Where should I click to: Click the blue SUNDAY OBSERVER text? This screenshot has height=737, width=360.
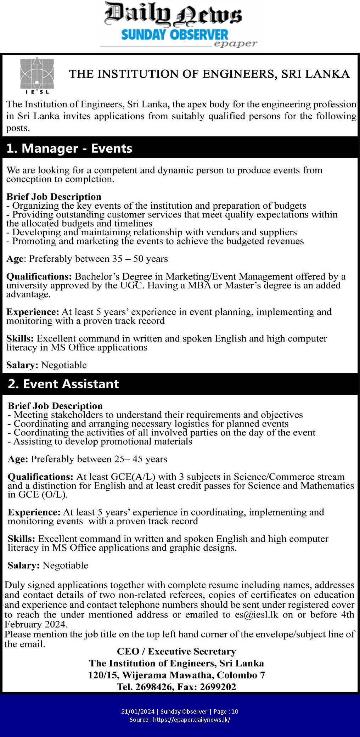point(175,35)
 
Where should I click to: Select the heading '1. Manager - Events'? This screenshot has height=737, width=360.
point(69,148)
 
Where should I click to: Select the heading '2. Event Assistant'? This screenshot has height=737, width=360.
point(63,384)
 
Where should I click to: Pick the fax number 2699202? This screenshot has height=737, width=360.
point(218,687)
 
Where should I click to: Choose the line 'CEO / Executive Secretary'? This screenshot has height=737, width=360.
point(176,651)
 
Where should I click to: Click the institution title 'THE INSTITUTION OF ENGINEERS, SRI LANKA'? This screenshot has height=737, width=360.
point(209,74)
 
